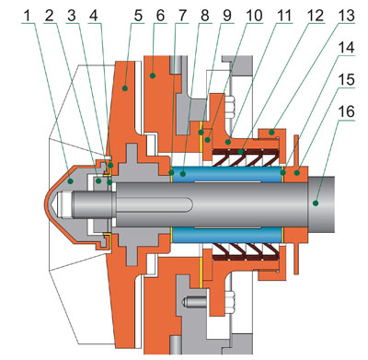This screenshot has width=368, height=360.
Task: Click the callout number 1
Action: click(28, 16)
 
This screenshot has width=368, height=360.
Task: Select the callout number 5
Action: click(138, 16)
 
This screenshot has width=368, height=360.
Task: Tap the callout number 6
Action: click(160, 16)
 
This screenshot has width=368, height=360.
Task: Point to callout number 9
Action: click(227, 16)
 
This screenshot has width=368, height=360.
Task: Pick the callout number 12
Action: click(316, 16)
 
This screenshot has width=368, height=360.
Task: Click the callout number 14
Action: click(346, 48)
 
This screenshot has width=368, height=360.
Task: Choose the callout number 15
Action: click(346, 80)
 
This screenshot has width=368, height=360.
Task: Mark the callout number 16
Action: click(346, 111)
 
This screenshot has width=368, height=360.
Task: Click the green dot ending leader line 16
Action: click(315, 203)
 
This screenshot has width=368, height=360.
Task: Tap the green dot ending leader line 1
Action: click(70, 181)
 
